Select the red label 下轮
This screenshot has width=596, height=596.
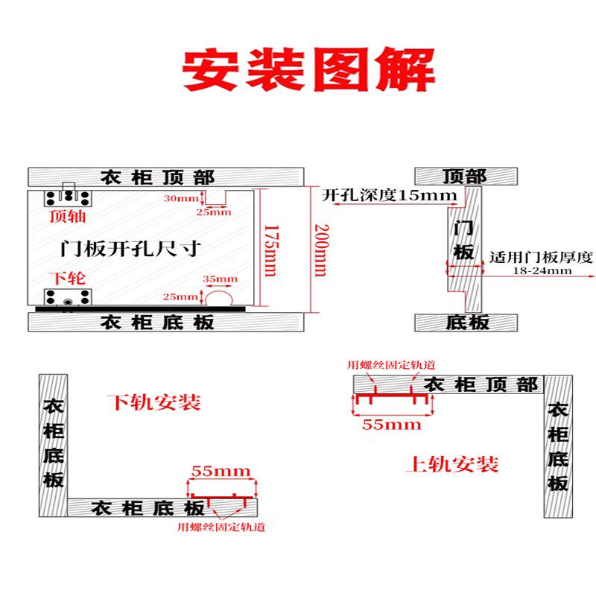click(x=67, y=279)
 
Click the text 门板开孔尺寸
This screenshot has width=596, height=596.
click(x=130, y=247)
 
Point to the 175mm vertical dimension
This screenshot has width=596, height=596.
click(x=271, y=250)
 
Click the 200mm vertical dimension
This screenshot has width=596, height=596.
click(x=319, y=250)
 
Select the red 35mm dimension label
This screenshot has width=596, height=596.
click(x=220, y=279)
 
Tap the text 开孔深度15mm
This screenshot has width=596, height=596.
click(x=389, y=196)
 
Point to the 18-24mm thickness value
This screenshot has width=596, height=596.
click(x=542, y=271)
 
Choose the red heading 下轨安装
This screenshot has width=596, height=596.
click(x=154, y=403)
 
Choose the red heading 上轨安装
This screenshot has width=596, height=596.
click(x=452, y=464)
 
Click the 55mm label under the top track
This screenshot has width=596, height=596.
click(x=391, y=425)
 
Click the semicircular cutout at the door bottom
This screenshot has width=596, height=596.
click(x=221, y=297)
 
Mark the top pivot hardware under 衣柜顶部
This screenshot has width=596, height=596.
click(x=68, y=197)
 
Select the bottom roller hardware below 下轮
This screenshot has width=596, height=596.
click(x=68, y=299)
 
